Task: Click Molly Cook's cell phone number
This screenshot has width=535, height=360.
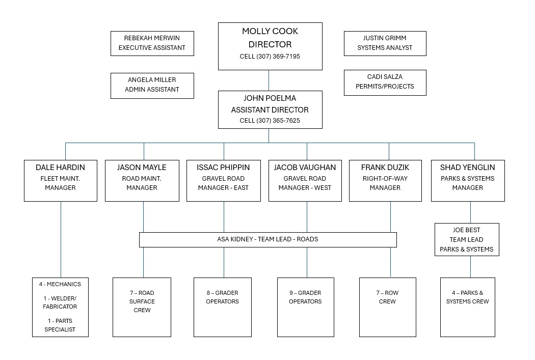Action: (270, 57)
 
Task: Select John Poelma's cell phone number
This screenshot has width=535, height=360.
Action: (270, 121)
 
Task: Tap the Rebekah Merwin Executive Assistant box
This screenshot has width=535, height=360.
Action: (152, 43)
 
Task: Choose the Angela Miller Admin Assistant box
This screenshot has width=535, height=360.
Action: (152, 85)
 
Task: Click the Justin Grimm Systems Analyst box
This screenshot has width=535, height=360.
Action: (385, 43)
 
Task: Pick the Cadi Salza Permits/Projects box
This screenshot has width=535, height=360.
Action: (385, 81)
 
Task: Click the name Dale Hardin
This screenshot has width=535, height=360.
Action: (60, 167)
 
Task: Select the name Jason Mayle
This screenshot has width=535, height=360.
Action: (142, 167)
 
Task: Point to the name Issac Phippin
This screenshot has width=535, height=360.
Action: (223, 167)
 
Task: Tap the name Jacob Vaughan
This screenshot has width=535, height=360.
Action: (305, 167)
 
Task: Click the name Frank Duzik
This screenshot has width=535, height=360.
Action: (385, 167)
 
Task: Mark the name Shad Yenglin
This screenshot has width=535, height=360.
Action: (467, 167)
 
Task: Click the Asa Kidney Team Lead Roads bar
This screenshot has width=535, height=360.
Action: (267, 239)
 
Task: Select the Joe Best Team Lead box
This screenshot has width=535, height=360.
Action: (466, 239)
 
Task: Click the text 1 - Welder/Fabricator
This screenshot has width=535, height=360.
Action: (60, 302)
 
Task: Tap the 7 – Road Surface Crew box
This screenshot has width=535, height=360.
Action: (142, 307)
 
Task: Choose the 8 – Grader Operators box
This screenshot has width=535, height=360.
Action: (222, 307)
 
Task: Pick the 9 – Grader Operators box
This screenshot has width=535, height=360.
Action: (305, 307)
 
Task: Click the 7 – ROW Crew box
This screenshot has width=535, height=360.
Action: (387, 307)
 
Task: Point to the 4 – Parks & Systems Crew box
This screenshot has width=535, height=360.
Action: (467, 307)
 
